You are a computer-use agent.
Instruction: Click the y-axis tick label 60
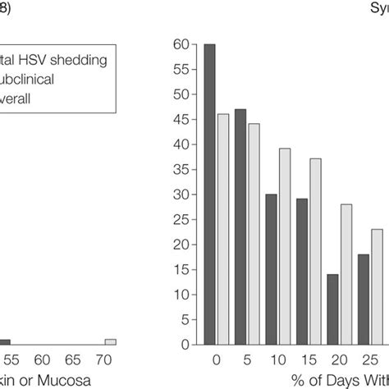[x=181, y=44]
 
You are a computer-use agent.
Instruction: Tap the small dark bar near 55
[x=5, y=341]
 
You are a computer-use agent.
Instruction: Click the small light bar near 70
[x=110, y=341]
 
